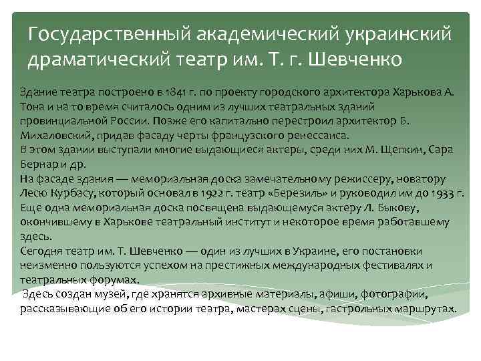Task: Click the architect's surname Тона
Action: (x=31, y=106)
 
